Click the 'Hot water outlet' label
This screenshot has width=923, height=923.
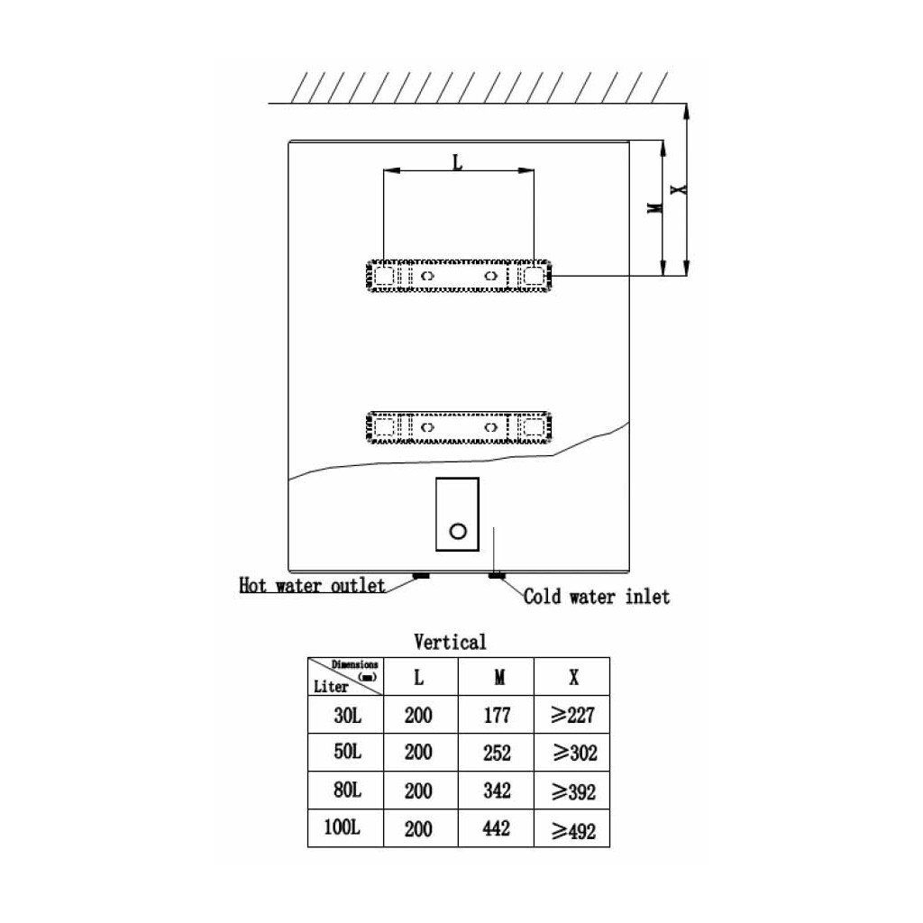[x=312, y=586]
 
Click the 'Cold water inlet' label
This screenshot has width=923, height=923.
[x=597, y=597]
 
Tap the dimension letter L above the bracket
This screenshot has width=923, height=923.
[x=457, y=162]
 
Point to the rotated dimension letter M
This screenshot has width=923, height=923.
[x=656, y=208]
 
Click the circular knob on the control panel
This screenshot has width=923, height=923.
[x=458, y=530]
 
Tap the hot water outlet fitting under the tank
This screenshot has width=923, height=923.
[x=420, y=574]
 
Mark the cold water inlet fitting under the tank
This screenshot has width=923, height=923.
[x=496, y=574]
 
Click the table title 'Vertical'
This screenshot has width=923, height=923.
[x=450, y=643]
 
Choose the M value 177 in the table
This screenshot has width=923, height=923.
[x=496, y=716]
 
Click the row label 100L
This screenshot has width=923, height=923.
[x=343, y=828]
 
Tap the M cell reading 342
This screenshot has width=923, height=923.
[x=496, y=790]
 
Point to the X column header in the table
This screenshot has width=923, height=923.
[x=573, y=677]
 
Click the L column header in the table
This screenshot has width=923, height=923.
[x=419, y=677]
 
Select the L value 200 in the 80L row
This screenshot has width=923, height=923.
[x=419, y=790]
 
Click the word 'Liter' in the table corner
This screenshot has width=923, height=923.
[x=331, y=686]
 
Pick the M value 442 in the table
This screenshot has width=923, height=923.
[x=496, y=828]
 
